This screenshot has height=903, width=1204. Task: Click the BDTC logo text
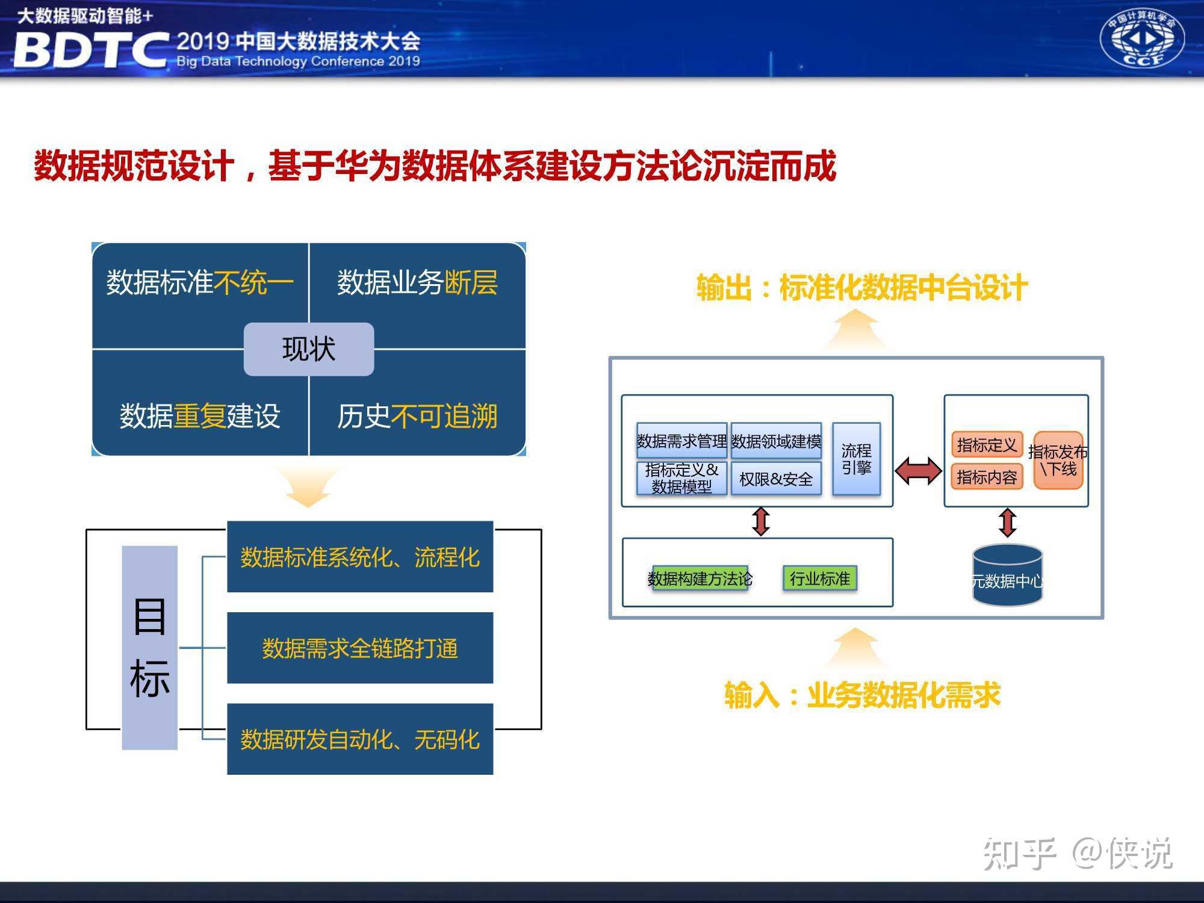point(90,49)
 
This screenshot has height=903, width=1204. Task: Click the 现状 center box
point(309,349)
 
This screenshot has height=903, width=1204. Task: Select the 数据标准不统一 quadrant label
point(200,282)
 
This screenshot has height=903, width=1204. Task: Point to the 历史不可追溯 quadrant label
point(417,416)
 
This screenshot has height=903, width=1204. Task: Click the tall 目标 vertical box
point(150,648)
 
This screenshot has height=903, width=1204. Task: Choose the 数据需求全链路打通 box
point(360,648)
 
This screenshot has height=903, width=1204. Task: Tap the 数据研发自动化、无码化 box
point(360,739)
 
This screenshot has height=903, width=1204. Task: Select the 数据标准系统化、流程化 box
point(360,557)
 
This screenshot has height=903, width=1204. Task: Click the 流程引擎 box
point(856,459)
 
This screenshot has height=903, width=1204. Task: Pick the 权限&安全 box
point(776,479)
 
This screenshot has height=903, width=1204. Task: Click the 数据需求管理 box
point(682,441)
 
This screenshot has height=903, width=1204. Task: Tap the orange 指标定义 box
point(987,445)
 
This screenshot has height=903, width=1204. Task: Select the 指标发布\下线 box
point(1058,460)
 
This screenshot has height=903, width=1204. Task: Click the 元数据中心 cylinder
point(1007,575)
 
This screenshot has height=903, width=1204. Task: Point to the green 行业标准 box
point(819,579)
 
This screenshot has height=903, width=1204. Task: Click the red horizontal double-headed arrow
point(918,471)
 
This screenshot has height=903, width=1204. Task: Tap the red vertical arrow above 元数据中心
point(1008,523)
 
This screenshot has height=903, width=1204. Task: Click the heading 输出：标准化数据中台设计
point(862,287)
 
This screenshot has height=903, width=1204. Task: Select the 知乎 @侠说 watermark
point(1078,854)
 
